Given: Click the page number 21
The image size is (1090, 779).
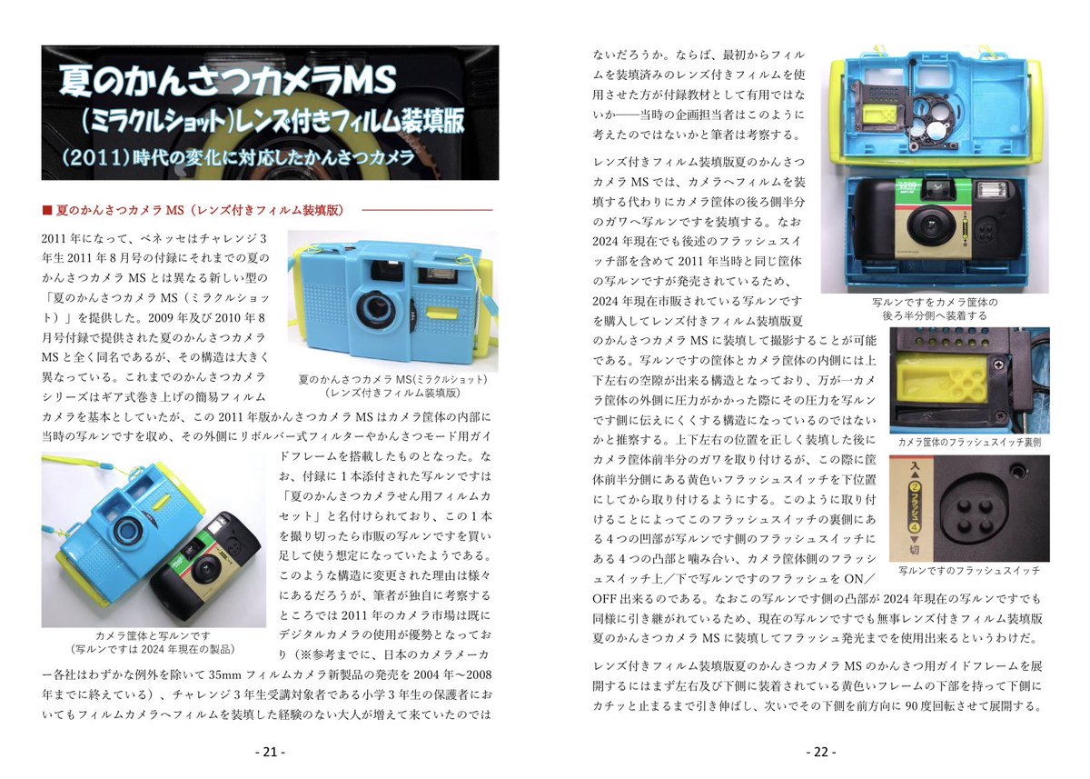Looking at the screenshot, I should click(270, 752).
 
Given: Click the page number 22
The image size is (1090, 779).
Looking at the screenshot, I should click(820, 752).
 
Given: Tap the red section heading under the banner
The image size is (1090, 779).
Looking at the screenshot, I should click(199, 210).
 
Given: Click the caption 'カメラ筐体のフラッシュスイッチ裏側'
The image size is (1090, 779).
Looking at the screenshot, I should click(968, 442).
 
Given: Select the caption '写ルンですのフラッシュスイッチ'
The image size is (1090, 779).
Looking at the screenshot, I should click(968, 570).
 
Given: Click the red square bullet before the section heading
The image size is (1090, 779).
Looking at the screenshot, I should click(47, 210).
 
